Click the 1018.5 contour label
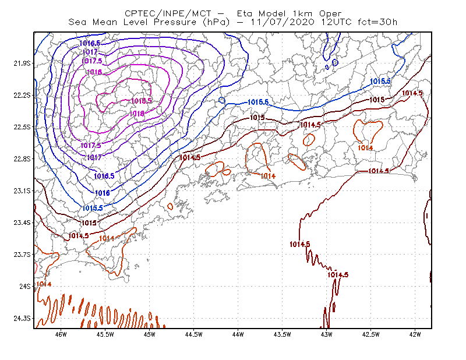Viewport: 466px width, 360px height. click(x=142, y=101)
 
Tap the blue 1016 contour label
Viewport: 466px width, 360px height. click(x=103, y=193)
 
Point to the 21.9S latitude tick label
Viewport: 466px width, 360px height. click(x=22, y=63)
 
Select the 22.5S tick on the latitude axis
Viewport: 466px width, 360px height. click(x=22, y=127)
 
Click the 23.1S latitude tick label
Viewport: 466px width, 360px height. click(x=22, y=190)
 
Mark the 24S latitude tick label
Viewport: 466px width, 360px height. click(x=25, y=286)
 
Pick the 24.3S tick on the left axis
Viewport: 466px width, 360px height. click(x=22, y=319)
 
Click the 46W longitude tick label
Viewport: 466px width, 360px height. click(x=61, y=334)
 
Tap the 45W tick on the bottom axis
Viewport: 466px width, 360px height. click(x=150, y=334)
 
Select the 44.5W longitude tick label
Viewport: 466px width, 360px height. click(x=193, y=334)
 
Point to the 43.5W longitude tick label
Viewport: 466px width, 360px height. click(x=282, y=334)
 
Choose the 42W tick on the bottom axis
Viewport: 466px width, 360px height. click(x=415, y=334)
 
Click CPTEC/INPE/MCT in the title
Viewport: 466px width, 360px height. click(x=168, y=13)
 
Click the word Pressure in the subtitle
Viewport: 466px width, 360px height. click(x=175, y=22)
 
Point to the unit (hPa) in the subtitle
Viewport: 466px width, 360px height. click(x=216, y=22)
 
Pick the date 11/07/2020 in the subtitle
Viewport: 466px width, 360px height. click(x=283, y=22)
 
